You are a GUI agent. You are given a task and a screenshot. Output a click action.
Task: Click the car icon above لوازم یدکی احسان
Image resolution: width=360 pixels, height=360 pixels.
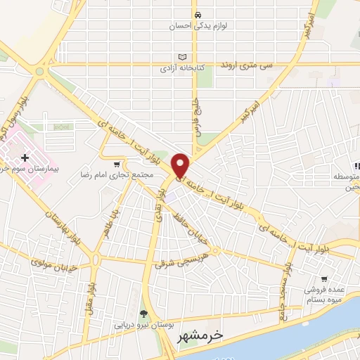(x=198, y=15)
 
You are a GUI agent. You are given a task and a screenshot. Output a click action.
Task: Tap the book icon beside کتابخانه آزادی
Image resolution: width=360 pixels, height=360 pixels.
(x=184, y=56)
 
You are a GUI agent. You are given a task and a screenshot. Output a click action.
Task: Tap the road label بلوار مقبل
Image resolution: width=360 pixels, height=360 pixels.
(x=91, y=281)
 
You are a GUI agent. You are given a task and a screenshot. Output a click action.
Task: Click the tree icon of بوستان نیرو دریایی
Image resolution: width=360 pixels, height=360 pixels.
(x=143, y=314)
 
